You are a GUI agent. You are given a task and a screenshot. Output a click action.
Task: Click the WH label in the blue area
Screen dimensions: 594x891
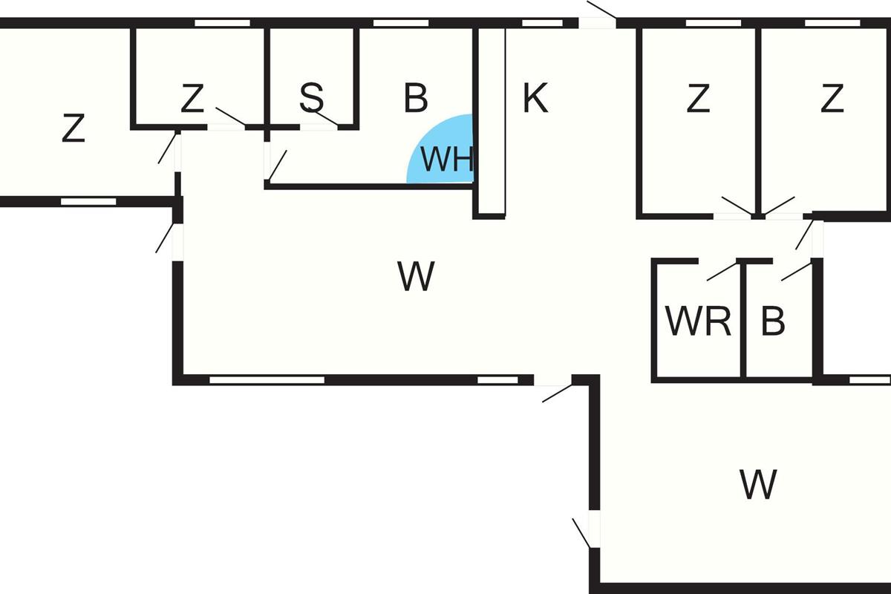tap(448, 160)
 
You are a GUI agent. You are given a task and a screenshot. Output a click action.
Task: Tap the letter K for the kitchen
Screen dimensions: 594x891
tap(535, 98)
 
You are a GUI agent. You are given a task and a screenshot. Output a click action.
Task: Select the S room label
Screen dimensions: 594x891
tap(312, 98)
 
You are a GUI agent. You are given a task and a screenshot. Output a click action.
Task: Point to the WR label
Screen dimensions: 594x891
tap(698, 322)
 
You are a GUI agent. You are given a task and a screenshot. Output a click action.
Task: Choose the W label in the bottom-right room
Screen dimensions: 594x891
tap(758, 485)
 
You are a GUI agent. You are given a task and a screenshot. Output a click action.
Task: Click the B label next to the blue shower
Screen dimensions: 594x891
tap(416, 98)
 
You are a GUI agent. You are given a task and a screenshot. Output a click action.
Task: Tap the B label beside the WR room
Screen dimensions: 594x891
tap(773, 322)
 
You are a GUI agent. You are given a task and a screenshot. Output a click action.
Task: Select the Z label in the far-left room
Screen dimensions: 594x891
tap(73, 128)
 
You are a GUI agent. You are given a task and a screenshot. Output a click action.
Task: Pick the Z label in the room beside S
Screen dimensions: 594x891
tap(192, 99)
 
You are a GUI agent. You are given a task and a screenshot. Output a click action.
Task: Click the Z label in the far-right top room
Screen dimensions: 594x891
tap(832, 98)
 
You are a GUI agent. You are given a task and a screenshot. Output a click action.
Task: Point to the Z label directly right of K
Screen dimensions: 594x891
tap(698, 98)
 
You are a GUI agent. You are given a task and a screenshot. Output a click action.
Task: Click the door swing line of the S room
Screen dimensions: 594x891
tap(324, 118)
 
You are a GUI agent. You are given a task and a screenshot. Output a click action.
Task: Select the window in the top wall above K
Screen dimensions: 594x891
tap(542, 23)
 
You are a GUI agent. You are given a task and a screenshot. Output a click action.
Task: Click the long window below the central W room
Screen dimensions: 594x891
tap(267, 379)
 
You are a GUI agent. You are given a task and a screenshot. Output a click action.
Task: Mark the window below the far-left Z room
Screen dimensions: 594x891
tap(88, 201)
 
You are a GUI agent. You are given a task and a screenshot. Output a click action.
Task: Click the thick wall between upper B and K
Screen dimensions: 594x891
tap(489, 123)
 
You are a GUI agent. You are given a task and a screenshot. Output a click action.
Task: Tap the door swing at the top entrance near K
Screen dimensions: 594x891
tap(601, 10)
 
